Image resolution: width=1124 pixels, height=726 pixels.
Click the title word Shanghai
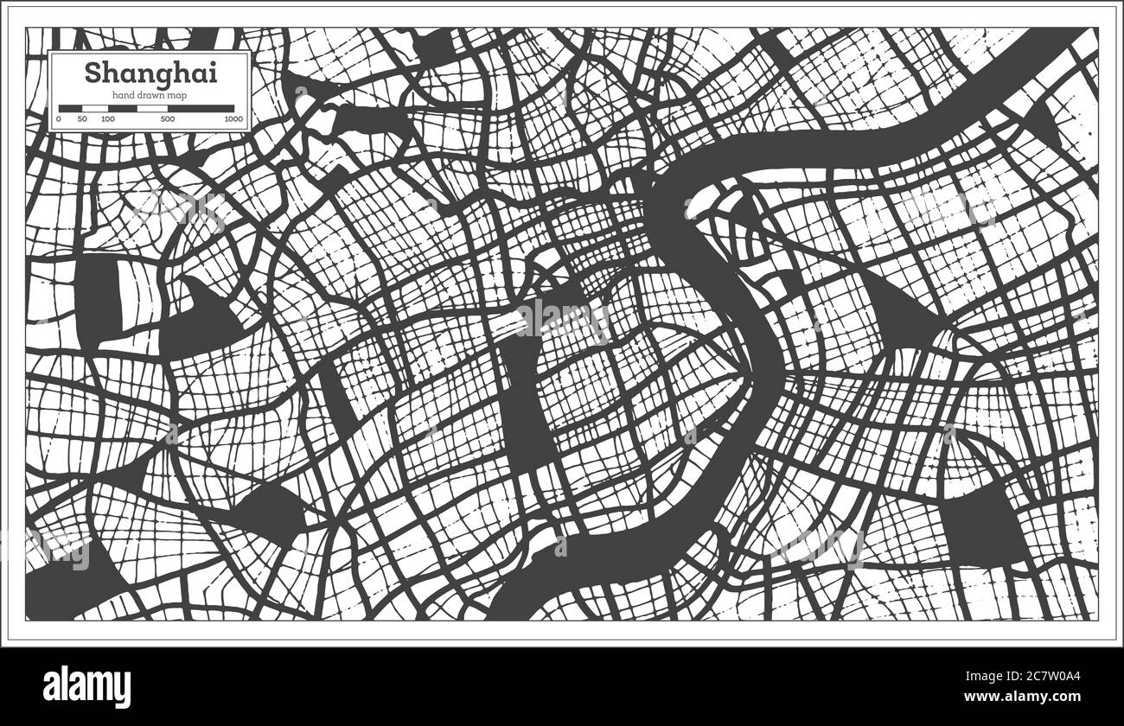(150, 73)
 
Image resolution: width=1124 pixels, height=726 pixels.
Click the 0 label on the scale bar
(59, 118)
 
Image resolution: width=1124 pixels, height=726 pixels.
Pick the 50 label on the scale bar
(82, 118)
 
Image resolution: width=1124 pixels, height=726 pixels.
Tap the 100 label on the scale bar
(107, 118)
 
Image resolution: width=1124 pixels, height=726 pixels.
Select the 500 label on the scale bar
(168, 118)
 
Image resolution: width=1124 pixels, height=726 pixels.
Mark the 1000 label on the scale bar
(233, 118)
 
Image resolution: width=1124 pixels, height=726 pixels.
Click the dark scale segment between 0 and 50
(70, 109)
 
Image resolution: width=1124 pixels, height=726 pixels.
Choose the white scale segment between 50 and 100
(94, 109)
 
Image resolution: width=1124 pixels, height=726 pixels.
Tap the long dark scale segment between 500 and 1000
(201, 109)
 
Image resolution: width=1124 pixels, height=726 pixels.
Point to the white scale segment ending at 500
(152, 109)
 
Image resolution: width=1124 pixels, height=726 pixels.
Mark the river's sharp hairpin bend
(761, 363)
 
